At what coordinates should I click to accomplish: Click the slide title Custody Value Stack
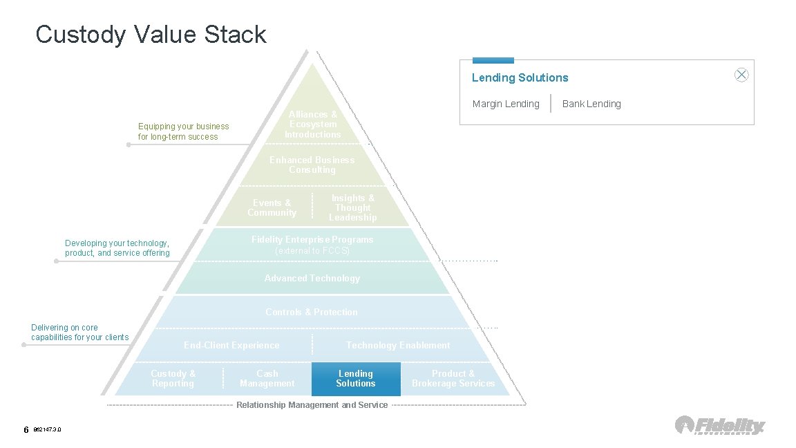point(151,35)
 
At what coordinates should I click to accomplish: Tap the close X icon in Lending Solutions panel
point(741,75)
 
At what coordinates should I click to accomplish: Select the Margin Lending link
point(505,104)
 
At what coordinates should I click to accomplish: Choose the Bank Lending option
point(591,104)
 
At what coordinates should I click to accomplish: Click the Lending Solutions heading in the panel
point(520,77)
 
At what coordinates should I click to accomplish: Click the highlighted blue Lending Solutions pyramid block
point(356,379)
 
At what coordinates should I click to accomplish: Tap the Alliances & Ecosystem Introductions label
point(313,124)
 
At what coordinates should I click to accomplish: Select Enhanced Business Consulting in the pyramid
point(312,165)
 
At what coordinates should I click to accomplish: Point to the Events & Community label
point(272,207)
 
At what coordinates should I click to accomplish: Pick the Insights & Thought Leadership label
point(352,207)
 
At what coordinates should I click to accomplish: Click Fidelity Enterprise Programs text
point(312,240)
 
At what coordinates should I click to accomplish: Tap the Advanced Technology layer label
point(312,278)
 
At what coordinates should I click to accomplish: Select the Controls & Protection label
point(312,312)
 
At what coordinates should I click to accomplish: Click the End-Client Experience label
point(231,345)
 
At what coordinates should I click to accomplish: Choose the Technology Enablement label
point(398,345)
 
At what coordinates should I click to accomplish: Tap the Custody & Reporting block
point(173,378)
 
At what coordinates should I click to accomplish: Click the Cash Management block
point(267,378)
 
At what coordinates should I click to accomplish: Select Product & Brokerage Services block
point(453,378)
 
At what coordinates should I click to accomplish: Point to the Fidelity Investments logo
point(720,425)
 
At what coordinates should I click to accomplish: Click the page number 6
point(26,430)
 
